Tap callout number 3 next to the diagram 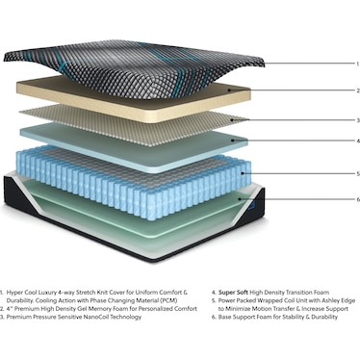click(x=330, y=120)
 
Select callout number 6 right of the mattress click(x=330, y=199)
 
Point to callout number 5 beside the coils click(x=330, y=173)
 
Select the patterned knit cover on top click(x=144, y=58)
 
